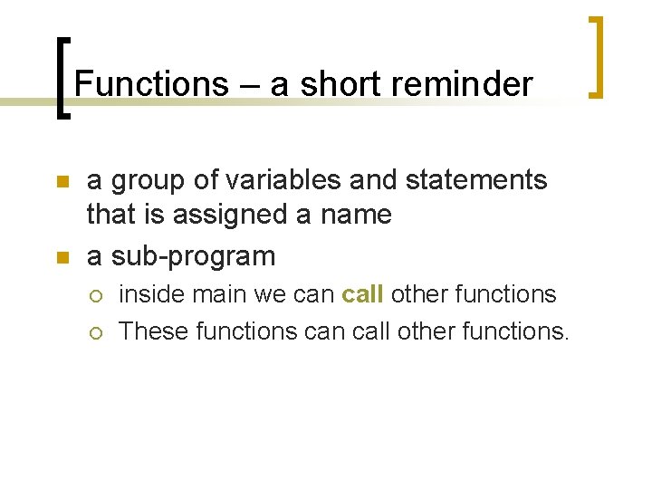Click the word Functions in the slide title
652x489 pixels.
click(151, 84)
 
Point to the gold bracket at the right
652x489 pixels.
click(595, 56)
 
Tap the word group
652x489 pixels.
click(150, 180)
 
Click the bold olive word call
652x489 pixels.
click(362, 294)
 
